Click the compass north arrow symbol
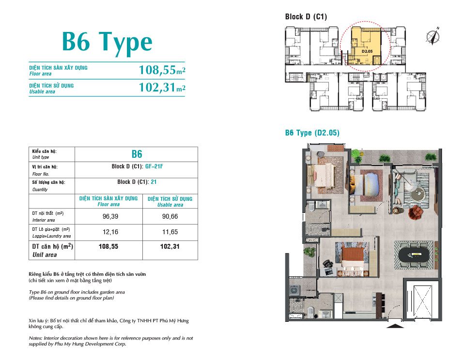[x=433, y=36]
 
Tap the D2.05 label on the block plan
[x=367, y=51]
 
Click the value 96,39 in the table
[x=110, y=217]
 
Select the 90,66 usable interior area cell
[x=170, y=217]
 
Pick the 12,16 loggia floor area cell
[x=110, y=232]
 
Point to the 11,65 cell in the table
[x=170, y=232]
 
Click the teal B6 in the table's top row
[x=137, y=154]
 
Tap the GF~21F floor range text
[x=154, y=166]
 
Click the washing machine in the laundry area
[x=294, y=290]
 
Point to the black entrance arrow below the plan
[x=395, y=326]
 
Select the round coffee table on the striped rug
[x=418, y=194]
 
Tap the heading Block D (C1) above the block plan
[x=306, y=16]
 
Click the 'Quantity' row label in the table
[x=40, y=190]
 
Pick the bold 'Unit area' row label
[x=45, y=255]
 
